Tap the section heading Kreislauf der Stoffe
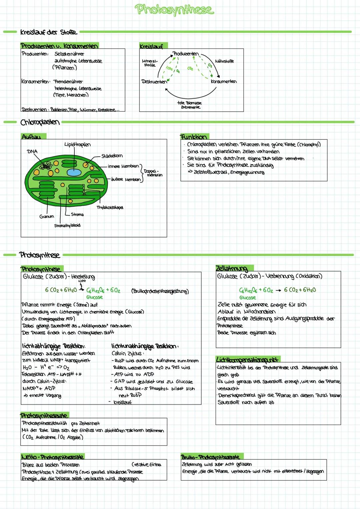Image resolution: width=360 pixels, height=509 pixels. [48, 32]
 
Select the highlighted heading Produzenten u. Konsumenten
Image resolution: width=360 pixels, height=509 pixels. [59, 46]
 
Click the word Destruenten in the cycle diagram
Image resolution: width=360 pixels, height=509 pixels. [154, 81]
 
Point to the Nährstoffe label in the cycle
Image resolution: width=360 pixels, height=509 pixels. [224, 61]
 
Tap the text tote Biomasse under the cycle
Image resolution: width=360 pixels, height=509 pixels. [189, 103]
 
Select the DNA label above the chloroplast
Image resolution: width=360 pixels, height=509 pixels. [32, 151]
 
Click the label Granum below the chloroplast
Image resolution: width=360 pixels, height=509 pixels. [46, 216]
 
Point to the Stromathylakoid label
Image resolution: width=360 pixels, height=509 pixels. [67, 225]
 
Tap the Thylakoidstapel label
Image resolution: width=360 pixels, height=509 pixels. [110, 207]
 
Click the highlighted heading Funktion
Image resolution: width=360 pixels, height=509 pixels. [194, 137]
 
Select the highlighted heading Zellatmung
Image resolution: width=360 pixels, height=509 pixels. [231, 268]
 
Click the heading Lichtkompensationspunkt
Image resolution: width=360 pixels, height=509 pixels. [247, 359]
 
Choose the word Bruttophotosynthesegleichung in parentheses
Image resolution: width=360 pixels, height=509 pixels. [160, 291]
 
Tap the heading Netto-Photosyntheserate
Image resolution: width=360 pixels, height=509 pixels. [52, 456]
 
